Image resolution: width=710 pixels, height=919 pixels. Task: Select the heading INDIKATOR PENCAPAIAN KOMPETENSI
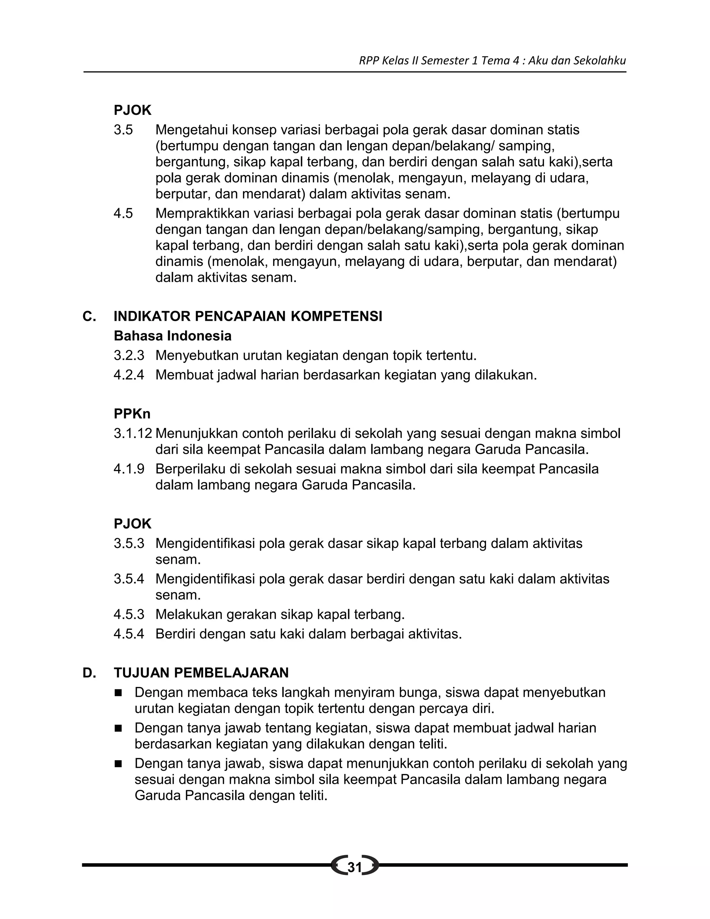(248, 316)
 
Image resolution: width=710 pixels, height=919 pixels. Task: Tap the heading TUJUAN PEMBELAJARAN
(201, 673)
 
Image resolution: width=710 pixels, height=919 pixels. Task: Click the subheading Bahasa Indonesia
(172, 336)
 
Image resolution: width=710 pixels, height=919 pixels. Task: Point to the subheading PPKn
(132, 414)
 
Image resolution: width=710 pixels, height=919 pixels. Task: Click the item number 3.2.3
(129, 355)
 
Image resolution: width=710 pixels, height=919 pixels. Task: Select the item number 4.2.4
(129, 375)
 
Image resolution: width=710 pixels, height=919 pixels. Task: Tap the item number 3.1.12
(133, 433)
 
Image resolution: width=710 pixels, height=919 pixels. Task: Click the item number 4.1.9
(129, 469)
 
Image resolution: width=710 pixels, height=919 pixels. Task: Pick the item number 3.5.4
(129, 579)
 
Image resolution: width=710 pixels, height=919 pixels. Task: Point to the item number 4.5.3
(129, 615)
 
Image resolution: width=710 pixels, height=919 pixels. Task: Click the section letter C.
(89, 316)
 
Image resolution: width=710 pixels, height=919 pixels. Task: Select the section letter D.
(89, 673)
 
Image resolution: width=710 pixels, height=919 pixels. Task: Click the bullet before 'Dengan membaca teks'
(118, 693)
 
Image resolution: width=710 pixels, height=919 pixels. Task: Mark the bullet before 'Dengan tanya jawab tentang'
(118, 728)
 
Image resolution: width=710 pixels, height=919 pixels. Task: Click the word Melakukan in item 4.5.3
(189, 615)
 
